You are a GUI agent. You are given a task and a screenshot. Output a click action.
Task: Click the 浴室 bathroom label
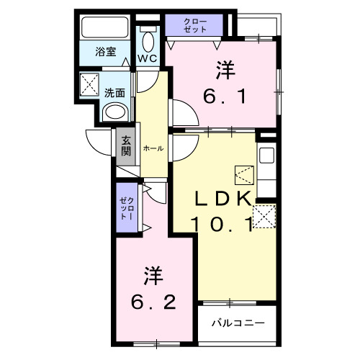107,52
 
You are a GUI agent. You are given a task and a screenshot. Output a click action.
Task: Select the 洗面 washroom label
114,92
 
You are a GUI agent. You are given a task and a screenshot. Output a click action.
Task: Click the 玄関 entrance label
126,147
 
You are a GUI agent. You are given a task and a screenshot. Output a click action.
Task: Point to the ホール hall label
153,148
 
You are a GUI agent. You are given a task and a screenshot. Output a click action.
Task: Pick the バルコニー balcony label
238,323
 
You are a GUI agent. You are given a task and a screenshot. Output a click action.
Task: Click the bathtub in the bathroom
104,28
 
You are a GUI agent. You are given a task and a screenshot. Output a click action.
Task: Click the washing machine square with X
91,84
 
